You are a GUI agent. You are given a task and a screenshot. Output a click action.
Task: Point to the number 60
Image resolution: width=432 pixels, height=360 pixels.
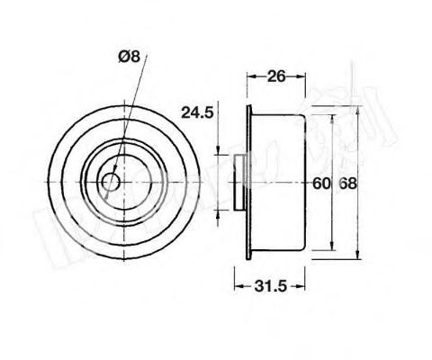[321, 184]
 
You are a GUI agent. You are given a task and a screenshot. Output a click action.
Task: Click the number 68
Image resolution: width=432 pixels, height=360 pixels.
[347, 184]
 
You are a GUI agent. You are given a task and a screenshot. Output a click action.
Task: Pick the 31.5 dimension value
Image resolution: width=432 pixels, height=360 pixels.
[266, 287]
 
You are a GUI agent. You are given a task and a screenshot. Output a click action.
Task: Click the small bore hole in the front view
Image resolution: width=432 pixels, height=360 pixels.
[111, 182]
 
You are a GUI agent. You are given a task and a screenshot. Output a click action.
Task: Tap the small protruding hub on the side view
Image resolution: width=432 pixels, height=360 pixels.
[239, 182]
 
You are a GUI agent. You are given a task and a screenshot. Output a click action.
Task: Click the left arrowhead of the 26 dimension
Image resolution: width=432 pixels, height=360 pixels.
[251, 77]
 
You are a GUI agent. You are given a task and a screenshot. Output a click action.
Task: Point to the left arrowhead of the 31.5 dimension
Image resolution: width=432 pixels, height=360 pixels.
[237, 287]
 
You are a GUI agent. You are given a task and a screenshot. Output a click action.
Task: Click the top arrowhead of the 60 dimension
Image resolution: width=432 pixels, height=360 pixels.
[334, 117]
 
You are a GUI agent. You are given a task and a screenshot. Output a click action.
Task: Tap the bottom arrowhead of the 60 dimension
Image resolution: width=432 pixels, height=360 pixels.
[334, 249]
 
